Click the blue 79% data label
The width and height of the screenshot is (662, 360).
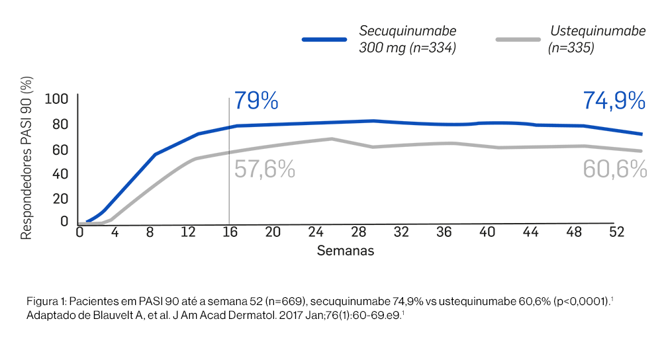click(256, 101)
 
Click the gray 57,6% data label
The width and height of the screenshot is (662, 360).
click(265, 169)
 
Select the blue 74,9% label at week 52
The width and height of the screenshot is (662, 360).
click(614, 101)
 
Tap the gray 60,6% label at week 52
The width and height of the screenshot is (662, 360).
click(614, 169)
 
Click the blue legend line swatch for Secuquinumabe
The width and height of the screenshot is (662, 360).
click(324, 40)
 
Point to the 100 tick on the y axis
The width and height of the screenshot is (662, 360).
click(56, 99)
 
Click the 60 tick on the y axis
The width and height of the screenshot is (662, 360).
click(60, 150)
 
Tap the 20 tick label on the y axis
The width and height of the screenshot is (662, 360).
click(60, 199)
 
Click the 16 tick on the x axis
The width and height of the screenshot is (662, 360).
click(229, 232)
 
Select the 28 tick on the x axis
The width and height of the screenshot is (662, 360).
click(359, 232)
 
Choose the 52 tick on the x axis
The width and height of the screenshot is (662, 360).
click(617, 232)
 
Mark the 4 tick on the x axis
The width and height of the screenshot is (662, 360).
click(114, 232)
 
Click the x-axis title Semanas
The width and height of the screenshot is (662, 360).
click(345, 251)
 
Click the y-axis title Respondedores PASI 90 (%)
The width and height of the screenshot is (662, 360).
click(27, 158)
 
